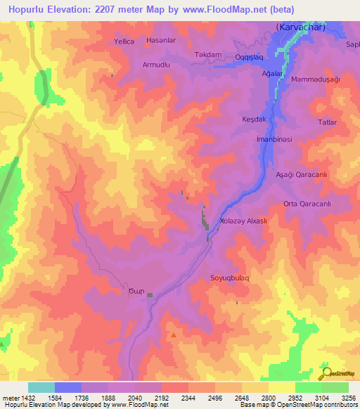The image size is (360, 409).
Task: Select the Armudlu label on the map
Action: (x=157, y=65)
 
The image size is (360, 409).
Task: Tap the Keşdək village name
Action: (x=254, y=119)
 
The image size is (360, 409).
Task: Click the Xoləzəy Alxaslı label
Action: (x=244, y=220)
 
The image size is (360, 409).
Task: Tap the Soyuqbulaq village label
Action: (x=230, y=278)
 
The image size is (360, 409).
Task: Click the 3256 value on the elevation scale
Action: (x=347, y=398)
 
